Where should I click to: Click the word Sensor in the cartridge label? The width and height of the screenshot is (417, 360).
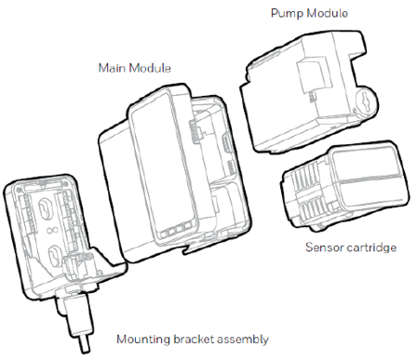[x=327, y=248]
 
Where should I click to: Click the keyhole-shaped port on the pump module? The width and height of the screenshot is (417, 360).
[x=361, y=100]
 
